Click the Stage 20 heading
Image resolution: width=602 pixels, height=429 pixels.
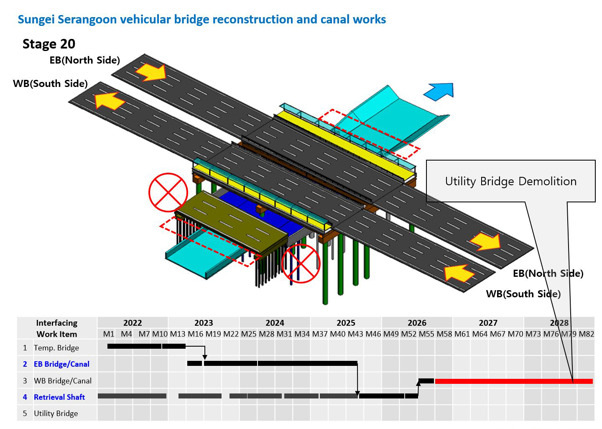click(x=49, y=44)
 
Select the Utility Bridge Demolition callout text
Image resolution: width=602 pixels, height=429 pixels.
click(x=510, y=181)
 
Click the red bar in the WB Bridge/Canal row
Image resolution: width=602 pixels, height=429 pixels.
click(x=513, y=381)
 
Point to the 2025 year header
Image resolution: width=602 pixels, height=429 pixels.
click(x=346, y=322)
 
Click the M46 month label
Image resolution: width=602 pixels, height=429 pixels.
click(x=373, y=334)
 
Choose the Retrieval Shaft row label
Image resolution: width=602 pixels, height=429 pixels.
click(x=59, y=397)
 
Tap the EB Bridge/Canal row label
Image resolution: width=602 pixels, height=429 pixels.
click(x=61, y=364)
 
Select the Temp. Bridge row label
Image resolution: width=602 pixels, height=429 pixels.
click(x=56, y=348)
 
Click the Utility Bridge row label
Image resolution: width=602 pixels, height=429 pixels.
click(x=56, y=414)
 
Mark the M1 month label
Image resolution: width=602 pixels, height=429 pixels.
click(x=109, y=334)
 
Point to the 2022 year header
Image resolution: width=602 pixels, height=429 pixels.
click(x=133, y=322)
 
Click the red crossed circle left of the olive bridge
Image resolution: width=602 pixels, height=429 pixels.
click(x=168, y=192)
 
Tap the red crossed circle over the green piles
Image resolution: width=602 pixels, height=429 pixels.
click(x=301, y=263)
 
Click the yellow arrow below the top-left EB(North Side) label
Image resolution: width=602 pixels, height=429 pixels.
click(x=151, y=72)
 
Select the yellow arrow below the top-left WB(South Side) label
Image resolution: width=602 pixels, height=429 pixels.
click(x=110, y=101)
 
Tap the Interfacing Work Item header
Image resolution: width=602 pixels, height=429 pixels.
click(x=57, y=328)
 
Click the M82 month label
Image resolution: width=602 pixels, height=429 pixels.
click(x=587, y=334)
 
